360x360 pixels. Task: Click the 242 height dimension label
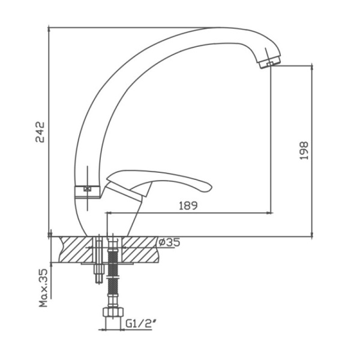click(40, 132)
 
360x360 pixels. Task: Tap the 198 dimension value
click(304, 151)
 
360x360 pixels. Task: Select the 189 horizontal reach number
click(188, 205)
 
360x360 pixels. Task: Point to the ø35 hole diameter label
click(169, 242)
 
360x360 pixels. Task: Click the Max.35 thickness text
click(43, 288)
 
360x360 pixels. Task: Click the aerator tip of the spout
click(270, 62)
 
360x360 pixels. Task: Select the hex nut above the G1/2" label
click(113, 312)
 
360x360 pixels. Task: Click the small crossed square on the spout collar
click(88, 189)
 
